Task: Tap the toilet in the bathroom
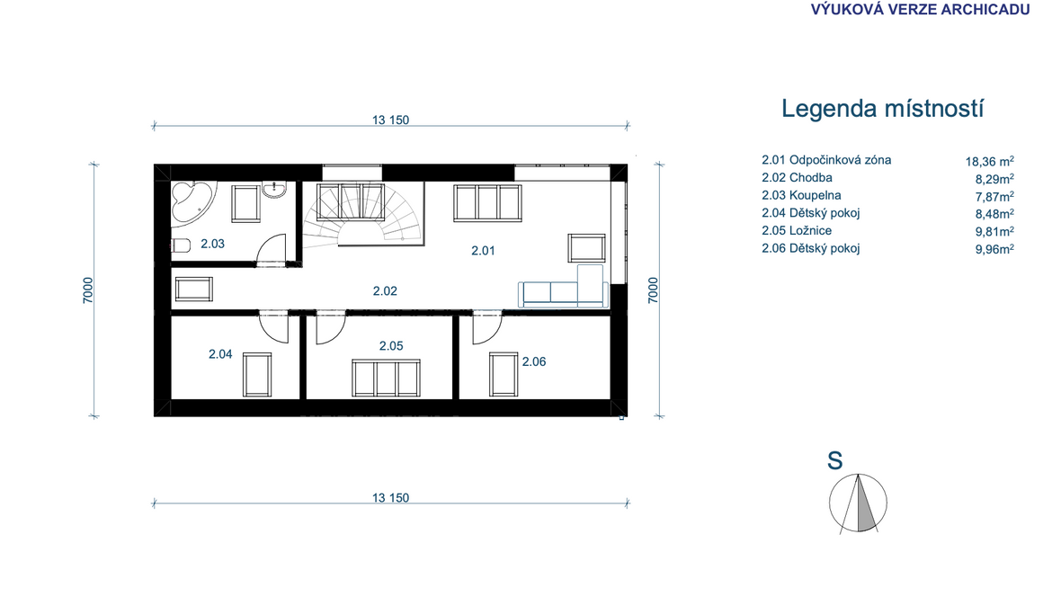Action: [180, 245]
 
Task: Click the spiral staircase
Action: [362, 213]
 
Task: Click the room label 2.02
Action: [385, 291]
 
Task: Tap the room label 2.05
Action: [391, 346]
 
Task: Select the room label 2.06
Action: [534, 361]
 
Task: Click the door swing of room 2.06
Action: [487, 327]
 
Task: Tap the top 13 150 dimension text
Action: [390, 120]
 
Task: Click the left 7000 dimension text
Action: [88, 290]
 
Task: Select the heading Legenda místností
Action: [882, 108]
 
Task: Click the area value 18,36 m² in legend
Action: [989, 161]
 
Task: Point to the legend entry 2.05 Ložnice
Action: [797, 231]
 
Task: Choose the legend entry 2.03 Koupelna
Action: [801, 196]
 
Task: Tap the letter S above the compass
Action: [835, 461]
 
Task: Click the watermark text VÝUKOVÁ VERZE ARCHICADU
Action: [920, 10]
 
